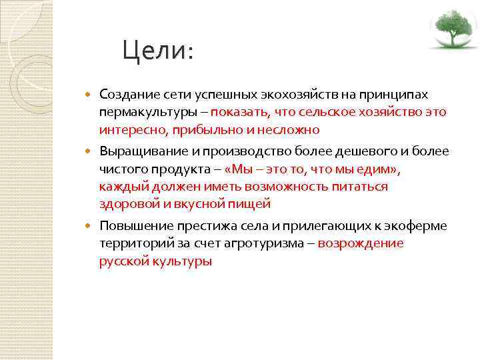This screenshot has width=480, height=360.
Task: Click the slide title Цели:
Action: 158,51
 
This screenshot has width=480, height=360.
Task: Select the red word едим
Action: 374,169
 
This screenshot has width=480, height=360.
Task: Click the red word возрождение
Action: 361,243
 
